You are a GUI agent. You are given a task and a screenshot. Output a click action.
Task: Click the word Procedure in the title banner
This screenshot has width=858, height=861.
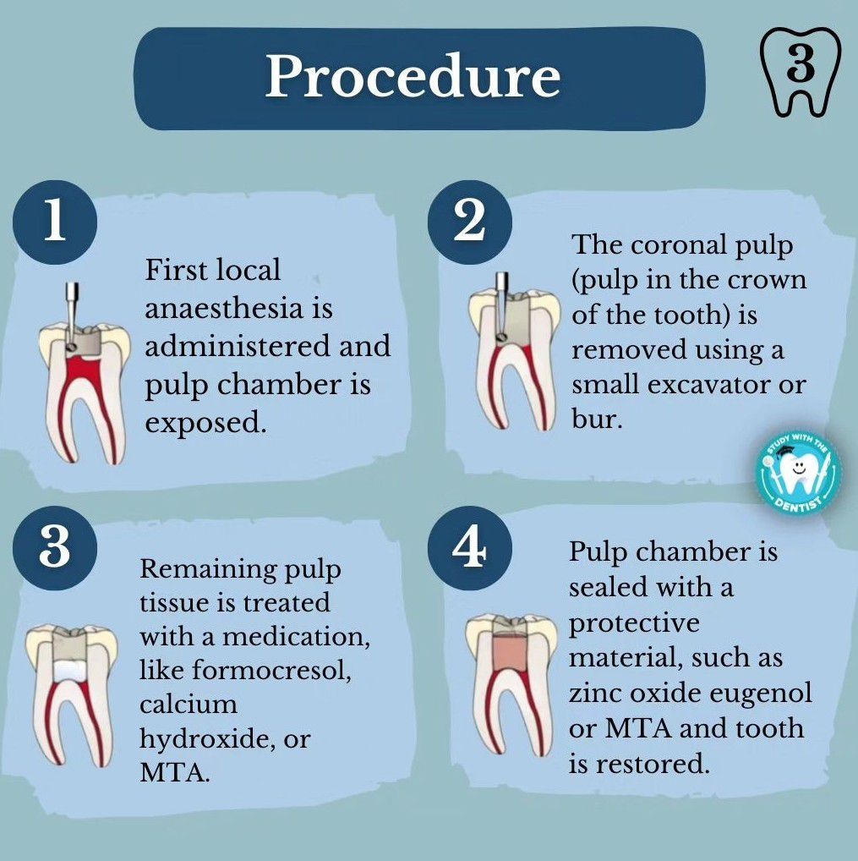tap(413, 77)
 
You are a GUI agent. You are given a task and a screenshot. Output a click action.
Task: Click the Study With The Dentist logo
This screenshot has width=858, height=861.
tap(798, 476)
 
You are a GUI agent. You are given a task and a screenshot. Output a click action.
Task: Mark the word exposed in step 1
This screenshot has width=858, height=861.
tap(205, 422)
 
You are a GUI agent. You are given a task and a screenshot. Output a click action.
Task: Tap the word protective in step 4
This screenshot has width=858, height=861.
tap(634, 623)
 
